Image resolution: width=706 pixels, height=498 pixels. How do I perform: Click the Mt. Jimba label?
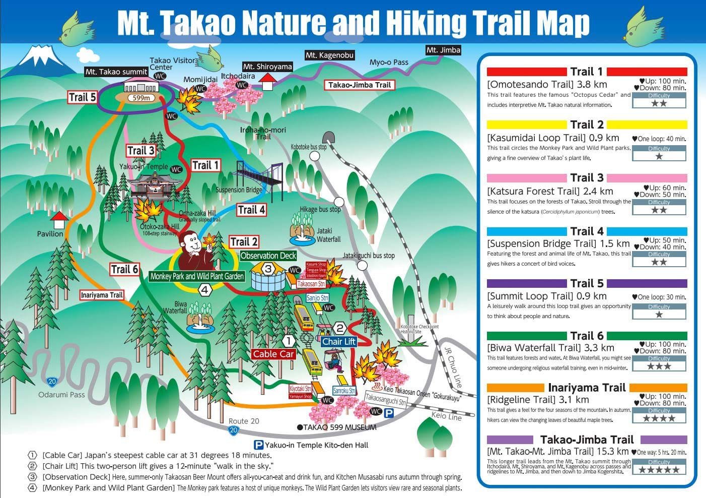pos(443,50)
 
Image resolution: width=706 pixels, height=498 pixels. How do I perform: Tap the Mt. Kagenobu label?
pos(329,55)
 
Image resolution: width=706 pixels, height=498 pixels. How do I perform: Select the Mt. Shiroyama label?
pos(267,67)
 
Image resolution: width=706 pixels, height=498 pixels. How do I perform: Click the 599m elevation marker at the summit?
pos(141,98)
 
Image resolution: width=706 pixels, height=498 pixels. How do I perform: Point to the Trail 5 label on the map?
pos(83,97)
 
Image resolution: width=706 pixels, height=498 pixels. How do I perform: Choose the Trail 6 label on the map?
pos(124,269)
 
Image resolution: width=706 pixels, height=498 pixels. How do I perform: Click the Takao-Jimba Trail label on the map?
pos(360,85)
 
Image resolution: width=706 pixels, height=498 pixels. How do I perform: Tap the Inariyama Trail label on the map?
pos(102,295)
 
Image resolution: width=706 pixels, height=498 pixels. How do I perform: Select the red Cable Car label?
pos(273,354)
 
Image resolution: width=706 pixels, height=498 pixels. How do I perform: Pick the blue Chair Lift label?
pos(339,342)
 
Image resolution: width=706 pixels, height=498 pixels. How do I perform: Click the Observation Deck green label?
pos(268,256)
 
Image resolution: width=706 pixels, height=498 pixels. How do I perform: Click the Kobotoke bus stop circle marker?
pos(315,156)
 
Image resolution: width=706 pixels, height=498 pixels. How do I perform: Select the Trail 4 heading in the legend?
pos(587,231)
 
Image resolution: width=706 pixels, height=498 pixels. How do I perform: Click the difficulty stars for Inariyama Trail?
pos(659,418)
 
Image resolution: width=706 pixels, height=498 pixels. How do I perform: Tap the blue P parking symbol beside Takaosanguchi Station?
pos(389,413)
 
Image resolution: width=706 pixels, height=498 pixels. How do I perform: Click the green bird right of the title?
pos(646,25)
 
